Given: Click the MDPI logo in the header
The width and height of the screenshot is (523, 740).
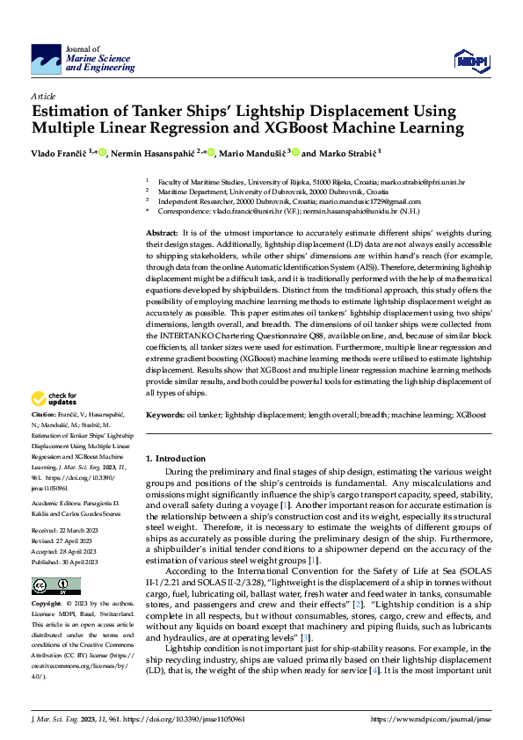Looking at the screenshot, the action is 469,59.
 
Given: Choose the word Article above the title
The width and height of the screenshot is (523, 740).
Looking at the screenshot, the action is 43,95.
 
